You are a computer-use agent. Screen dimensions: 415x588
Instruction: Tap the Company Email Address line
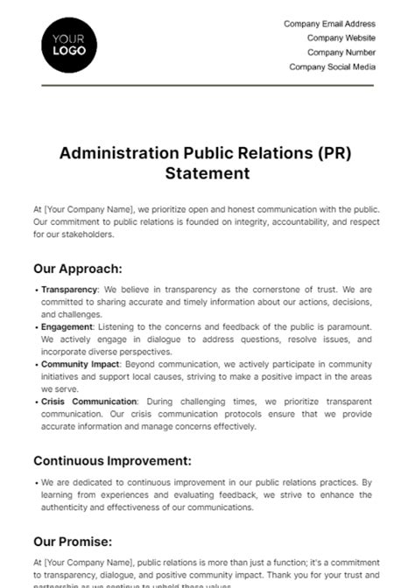(329, 24)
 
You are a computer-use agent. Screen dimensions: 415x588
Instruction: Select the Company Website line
(341, 38)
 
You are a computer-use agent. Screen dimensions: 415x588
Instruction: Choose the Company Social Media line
(332, 66)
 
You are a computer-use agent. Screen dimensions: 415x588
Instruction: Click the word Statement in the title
(207, 173)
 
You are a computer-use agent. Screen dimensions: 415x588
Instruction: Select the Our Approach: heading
(78, 269)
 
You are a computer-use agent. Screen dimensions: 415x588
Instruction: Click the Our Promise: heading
(72, 542)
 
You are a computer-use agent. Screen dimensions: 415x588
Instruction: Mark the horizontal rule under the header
(207, 85)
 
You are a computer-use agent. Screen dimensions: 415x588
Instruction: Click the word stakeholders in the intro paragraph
(87, 234)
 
